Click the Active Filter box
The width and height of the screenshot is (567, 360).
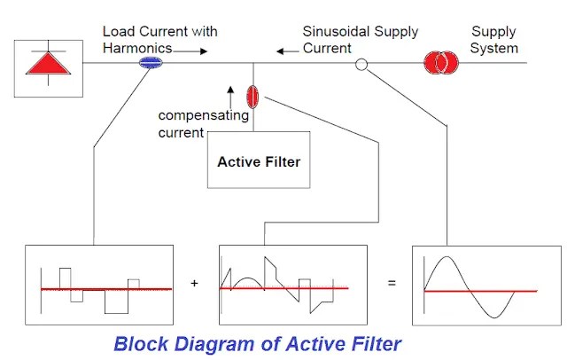pos(259,160)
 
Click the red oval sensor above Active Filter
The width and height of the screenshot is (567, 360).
pos(252,96)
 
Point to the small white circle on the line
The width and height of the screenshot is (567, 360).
pos(361,64)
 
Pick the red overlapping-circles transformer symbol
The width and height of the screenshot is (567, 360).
pos(440,62)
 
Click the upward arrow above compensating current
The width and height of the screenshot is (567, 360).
pos(230,91)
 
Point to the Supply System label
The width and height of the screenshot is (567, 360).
pos(493,40)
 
